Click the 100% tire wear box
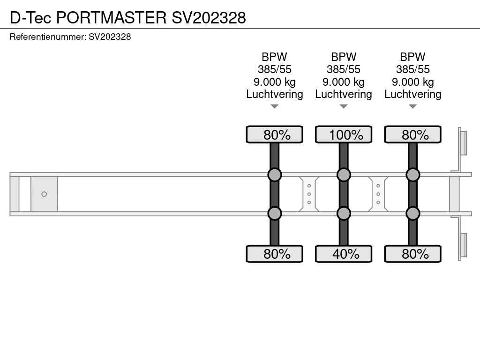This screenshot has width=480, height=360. [343, 135]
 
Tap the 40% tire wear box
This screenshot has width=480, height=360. [343, 254]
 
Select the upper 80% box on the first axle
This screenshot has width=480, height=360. [274, 135]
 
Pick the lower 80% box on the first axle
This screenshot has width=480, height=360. [274, 254]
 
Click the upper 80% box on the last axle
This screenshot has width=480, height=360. [412, 135]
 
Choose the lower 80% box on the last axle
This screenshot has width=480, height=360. [412, 254]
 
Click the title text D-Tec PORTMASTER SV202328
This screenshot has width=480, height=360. [127, 17]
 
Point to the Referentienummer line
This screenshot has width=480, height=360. [70, 37]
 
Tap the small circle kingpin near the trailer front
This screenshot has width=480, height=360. [44, 194]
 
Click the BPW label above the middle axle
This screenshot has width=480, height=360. [344, 57]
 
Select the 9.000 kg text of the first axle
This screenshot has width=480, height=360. [275, 82]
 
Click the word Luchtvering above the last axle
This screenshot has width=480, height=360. [412, 94]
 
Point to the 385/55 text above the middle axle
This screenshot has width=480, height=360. [344, 69]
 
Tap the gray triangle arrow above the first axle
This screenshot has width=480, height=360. [275, 106]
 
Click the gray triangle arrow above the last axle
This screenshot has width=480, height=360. [412, 106]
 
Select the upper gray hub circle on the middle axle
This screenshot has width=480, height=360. [344, 175]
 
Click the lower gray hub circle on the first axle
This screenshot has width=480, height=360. [275, 213]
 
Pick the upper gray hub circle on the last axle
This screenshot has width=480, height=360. [412, 175]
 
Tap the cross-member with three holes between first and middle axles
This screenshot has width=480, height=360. [309, 194]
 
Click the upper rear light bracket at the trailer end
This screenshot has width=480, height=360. [463, 142]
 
